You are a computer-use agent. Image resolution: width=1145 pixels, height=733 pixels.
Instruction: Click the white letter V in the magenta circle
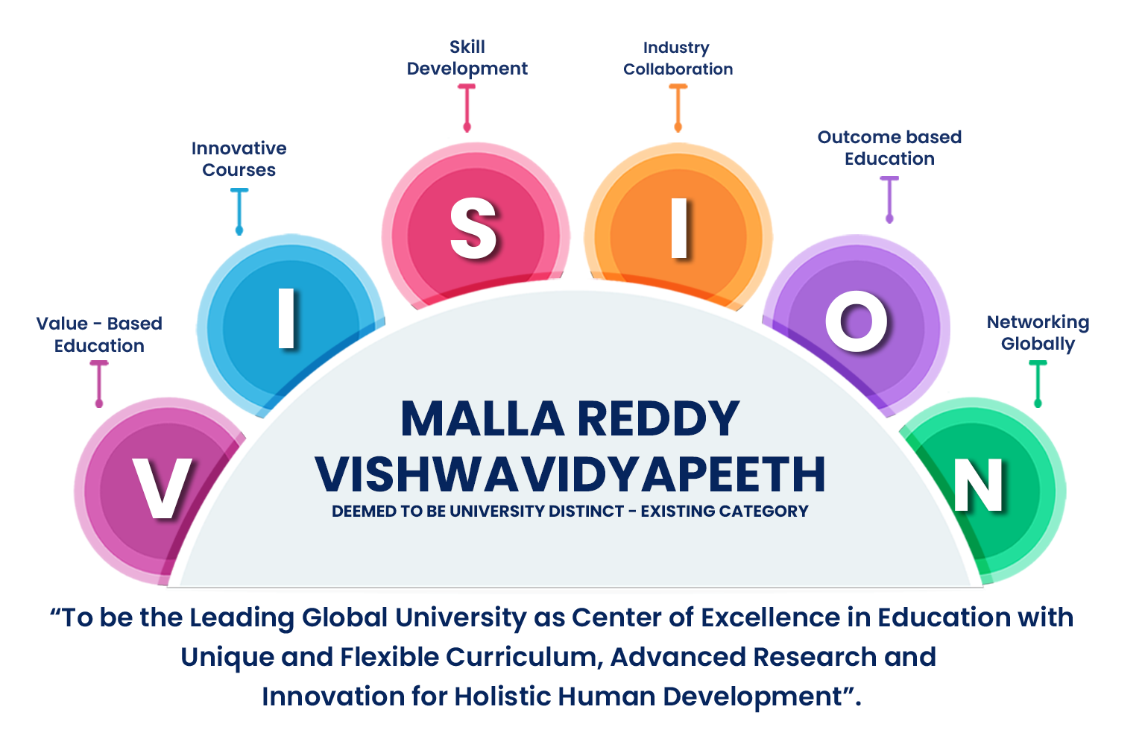(x=162, y=488)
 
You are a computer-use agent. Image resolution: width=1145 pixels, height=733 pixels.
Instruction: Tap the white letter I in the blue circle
(x=287, y=318)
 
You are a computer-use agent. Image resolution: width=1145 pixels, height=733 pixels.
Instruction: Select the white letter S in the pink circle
(x=473, y=228)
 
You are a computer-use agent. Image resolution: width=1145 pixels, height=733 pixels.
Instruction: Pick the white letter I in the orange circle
(x=679, y=227)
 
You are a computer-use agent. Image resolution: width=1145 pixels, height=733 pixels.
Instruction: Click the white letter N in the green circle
(x=978, y=485)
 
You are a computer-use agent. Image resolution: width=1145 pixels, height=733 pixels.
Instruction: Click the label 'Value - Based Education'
(x=99, y=334)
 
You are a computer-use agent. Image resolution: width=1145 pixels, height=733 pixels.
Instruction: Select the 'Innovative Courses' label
(x=239, y=159)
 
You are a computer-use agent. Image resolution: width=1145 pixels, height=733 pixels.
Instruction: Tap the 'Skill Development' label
(x=467, y=57)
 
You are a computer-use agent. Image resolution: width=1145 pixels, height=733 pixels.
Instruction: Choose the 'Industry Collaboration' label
(x=678, y=58)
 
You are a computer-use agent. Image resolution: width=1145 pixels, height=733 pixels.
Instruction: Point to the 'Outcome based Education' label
(x=889, y=148)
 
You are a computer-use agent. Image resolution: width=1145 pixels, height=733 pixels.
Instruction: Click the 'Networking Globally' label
(x=1038, y=333)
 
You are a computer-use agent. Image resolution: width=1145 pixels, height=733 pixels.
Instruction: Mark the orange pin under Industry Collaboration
(x=678, y=108)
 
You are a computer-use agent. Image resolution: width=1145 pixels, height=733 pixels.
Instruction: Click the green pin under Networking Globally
(x=1038, y=384)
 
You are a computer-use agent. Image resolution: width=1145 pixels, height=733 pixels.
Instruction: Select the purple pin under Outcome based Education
(x=889, y=200)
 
